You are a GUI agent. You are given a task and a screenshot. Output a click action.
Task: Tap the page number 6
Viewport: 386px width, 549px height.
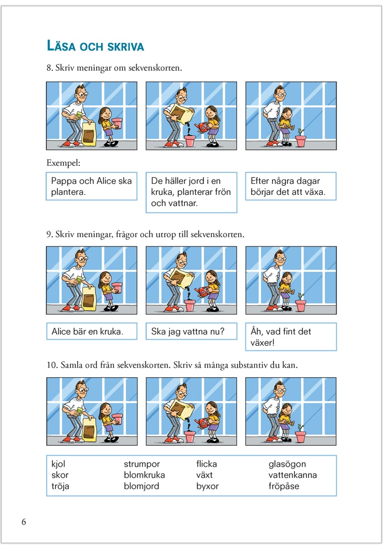[x=24, y=522]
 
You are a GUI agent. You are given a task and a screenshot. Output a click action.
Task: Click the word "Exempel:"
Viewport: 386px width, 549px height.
[x=63, y=163]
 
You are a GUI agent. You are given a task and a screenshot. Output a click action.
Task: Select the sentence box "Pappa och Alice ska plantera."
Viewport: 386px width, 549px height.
[x=91, y=187]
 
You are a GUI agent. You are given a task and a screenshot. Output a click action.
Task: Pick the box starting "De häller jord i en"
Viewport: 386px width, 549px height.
[x=191, y=192]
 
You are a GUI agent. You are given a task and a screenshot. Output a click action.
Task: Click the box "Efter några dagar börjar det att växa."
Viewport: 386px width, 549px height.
[x=290, y=187]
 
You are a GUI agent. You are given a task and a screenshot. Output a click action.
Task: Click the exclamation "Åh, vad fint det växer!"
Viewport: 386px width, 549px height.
[x=290, y=337]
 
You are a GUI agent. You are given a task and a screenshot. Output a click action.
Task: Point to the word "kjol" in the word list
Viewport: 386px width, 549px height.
[x=58, y=464]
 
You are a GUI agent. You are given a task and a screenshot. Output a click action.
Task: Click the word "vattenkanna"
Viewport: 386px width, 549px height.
[x=293, y=475]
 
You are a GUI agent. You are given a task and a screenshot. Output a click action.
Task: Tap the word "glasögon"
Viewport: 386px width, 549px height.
[x=287, y=464]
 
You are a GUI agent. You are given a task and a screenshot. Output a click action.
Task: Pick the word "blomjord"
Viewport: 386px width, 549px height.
[x=141, y=486]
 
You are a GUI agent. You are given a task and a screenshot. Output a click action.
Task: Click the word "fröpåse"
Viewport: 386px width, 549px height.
[x=284, y=486]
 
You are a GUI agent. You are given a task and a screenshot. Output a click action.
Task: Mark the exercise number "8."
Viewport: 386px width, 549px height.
[x=49, y=69]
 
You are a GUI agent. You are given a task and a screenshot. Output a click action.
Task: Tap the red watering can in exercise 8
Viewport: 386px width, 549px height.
[x=203, y=127]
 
